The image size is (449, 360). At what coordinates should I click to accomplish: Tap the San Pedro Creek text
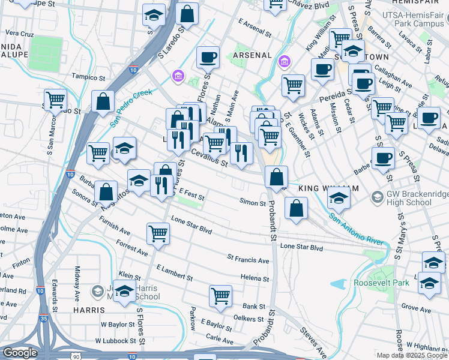coord(133,109)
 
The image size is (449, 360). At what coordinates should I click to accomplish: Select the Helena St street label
coord(254,278)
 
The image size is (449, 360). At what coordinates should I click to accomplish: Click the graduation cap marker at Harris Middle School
coord(124,292)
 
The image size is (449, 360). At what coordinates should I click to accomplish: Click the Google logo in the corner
coord(20,353)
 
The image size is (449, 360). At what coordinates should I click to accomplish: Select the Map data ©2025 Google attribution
coord(412,355)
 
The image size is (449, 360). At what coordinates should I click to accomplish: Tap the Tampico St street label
coord(88,77)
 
